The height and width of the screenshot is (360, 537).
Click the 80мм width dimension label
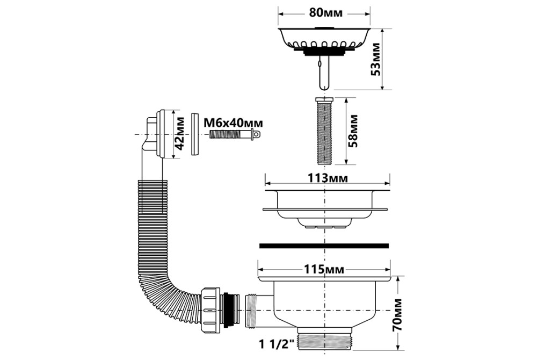tap(325, 13)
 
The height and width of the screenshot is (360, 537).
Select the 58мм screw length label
tap(353, 131)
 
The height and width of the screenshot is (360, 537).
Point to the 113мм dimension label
tap(328, 178)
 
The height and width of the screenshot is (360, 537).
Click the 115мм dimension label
tap(324, 270)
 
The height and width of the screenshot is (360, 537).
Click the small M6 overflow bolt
tap(235, 134)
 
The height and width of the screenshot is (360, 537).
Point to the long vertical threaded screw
tap(323, 132)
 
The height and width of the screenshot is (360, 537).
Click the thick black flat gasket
tap(324, 246)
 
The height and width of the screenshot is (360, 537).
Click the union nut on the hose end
tap(211, 309)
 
